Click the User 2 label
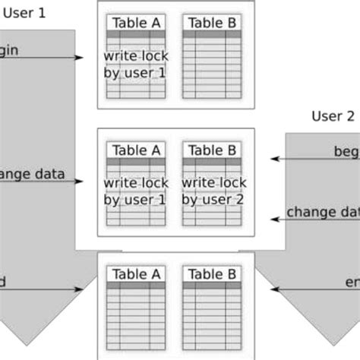click(x=333, y=116)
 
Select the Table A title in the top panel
click(x=135, y=22)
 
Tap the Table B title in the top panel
click(x=212, y=22)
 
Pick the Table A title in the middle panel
click(x=135, y=150)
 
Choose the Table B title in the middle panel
click(x=212, y=150)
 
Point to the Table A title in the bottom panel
click(x=135, y=274)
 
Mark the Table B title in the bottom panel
click(x=212, y=274)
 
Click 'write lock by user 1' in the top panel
click(x=135, y=65)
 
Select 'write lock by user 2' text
click(x=213, y=191)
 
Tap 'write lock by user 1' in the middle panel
click(x=135, y=191)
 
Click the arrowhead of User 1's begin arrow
click(x=81, y=58)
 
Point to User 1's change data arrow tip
click(x=81, y=181)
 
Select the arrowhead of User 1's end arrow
click(x=81, y=289)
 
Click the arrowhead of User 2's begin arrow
click(x=274, y=159)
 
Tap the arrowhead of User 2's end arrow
click(x=274, y=289)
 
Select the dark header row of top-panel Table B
click(x=212, y=34)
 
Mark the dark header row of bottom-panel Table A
click(x=135, y=286)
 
